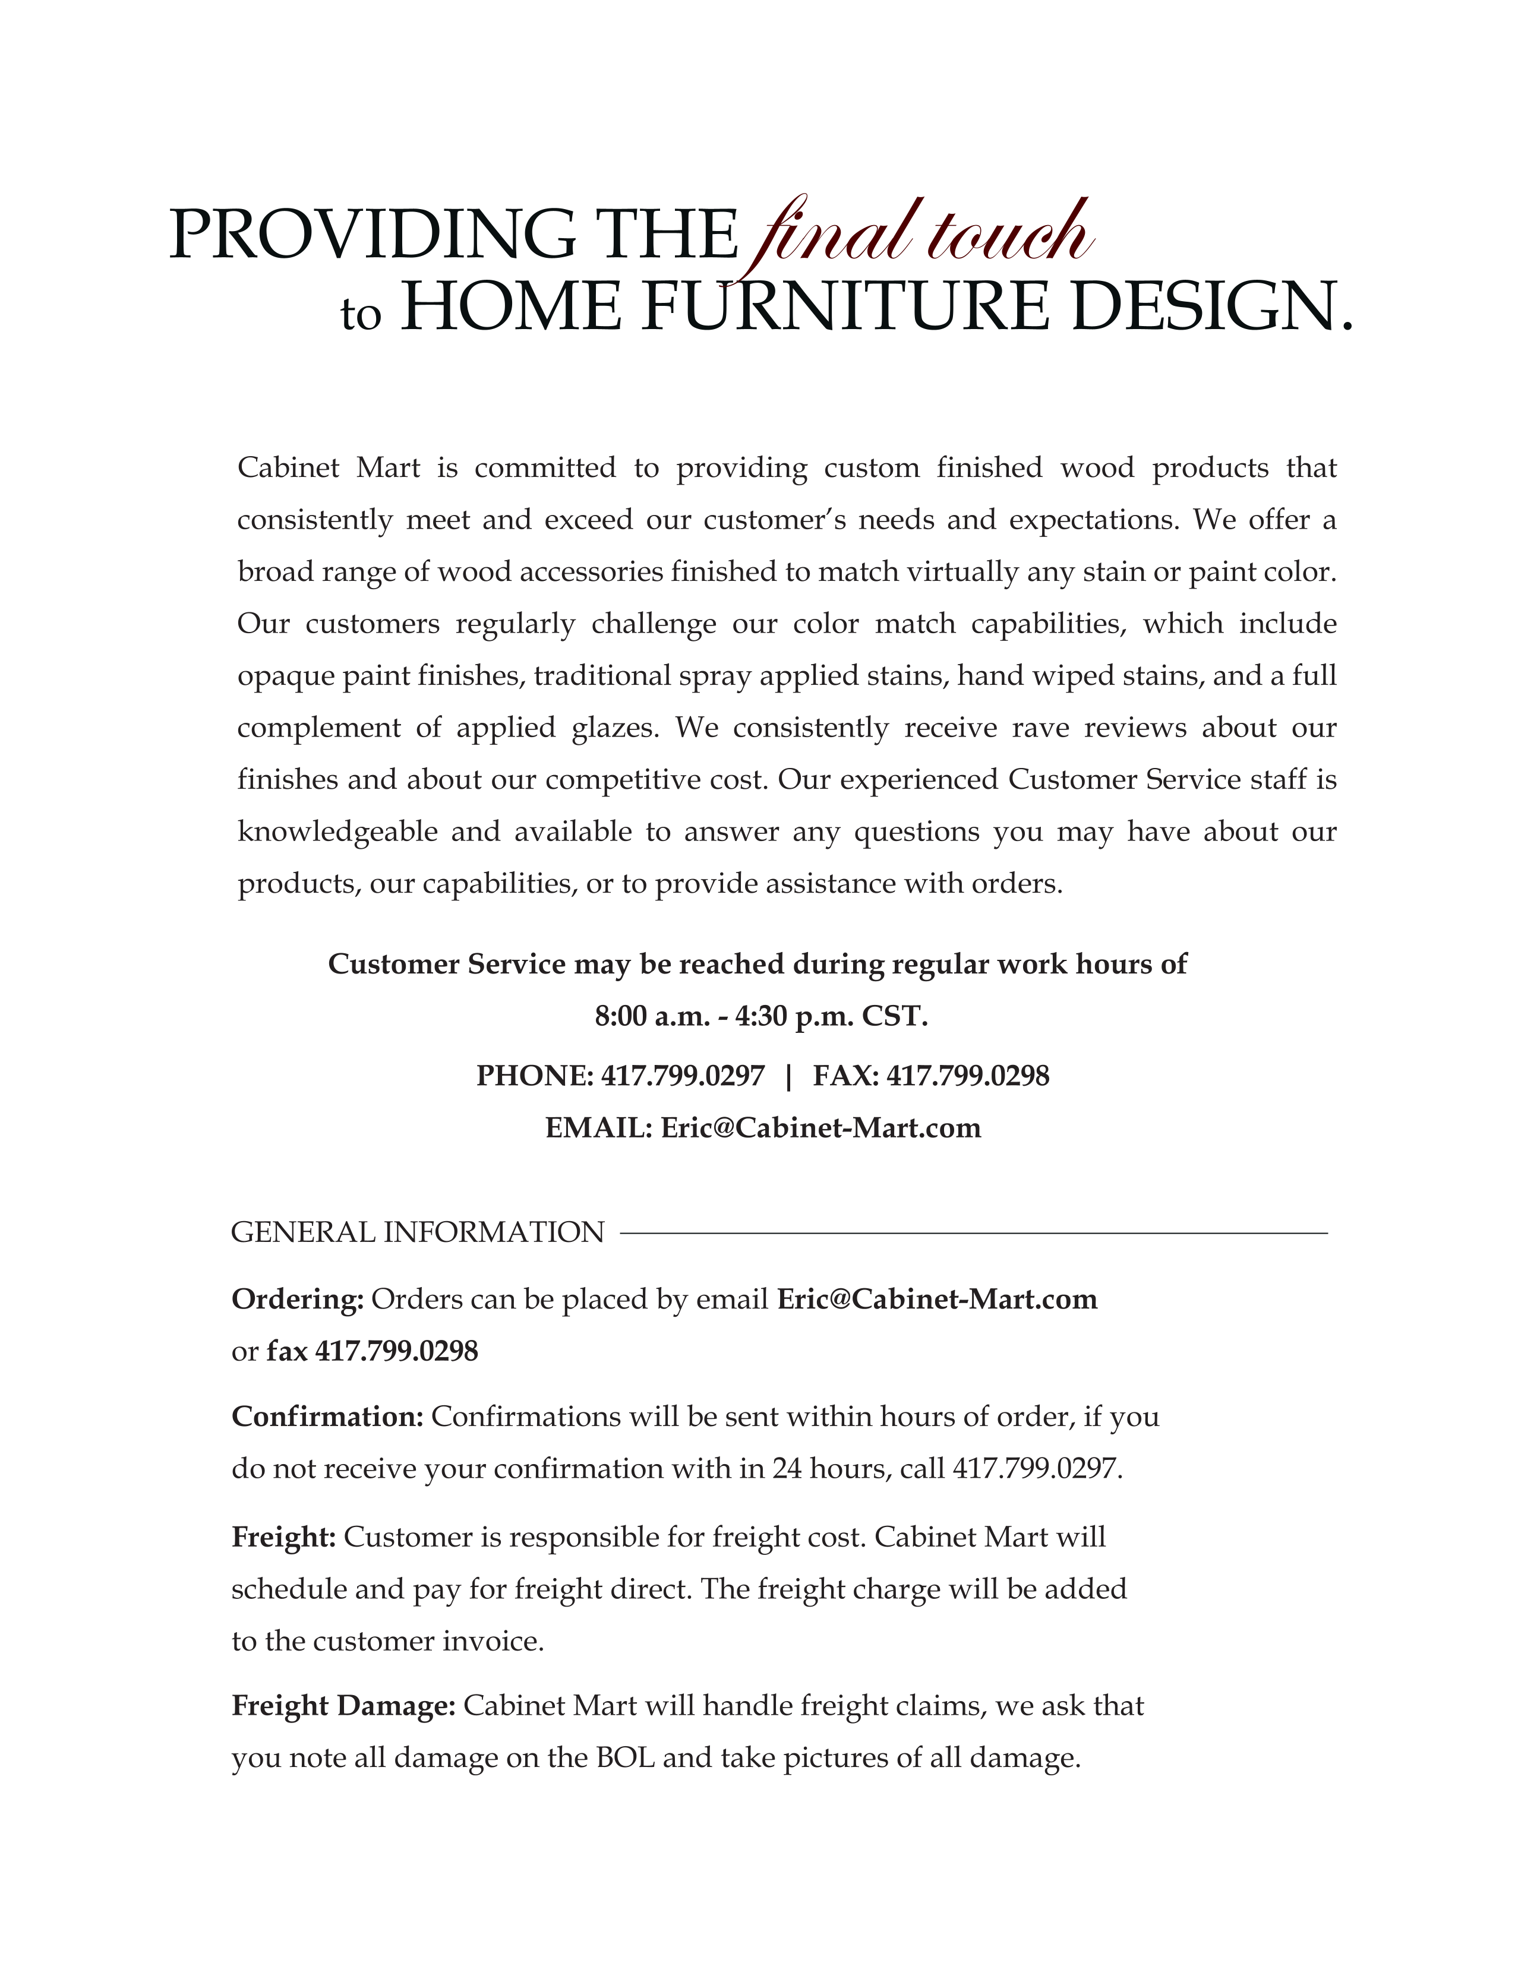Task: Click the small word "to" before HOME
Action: click(x=361, y=315)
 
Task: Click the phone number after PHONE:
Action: click(x=683, y=1076)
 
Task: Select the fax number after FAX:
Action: click(x=967, y=1076)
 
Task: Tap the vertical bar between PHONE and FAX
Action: click(x=788, y=1076)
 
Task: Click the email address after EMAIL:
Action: click(x=820, y=1128)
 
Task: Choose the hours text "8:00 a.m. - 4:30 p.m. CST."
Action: click(x=761, y=1016)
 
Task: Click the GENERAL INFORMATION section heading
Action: click(x=418, y=1232)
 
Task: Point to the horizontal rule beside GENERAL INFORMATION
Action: click(x=973, y=1233)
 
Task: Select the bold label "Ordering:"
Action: click(x=298, y=1300)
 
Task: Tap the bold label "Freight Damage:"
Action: click(x=343, y=1706)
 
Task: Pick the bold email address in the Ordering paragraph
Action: click(x=937, y=1300)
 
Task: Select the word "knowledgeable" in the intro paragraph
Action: click(x=337, y=832)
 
